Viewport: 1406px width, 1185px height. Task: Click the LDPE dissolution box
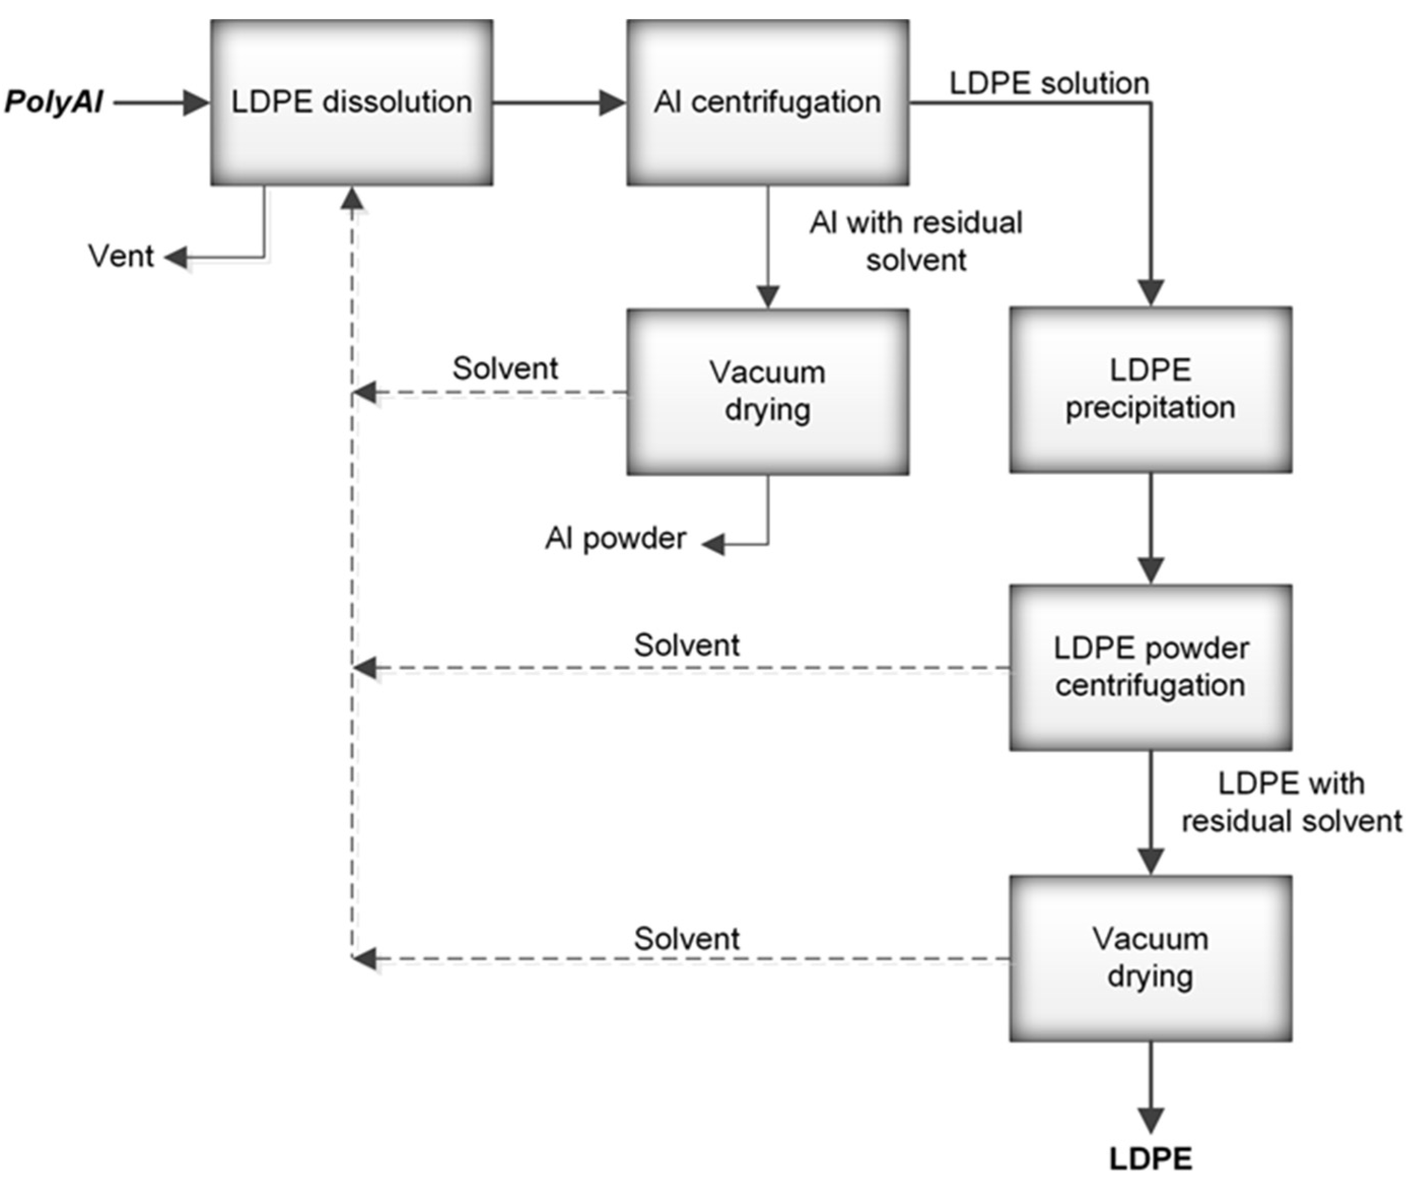click(x=351, y=102)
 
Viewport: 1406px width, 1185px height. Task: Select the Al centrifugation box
click(x=767, y=102)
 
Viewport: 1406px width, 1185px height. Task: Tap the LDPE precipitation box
click(x=1150, y=390)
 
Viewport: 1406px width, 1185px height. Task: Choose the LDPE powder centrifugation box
click(x=1150, y=667)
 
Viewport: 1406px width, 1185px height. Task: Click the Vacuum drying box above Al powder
click(x=767, y=392)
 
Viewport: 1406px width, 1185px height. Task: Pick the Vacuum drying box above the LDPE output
click(x=1150, y=958)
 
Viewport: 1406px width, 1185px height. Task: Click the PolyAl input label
click(x=54, y=102)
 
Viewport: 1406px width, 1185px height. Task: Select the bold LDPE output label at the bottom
click(x=1150, y=1159)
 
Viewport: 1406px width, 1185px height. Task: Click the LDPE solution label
click(x=1049, y=83)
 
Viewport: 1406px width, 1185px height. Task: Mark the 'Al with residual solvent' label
click(x=916, y=241)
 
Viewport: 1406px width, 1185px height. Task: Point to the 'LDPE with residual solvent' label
click(x=1290, y=802)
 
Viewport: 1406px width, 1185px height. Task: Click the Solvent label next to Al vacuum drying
click(x=505, y=368)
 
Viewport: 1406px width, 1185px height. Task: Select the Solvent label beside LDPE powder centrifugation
click(x=686, y=645)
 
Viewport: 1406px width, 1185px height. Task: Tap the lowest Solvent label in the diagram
click(x=686, y=938)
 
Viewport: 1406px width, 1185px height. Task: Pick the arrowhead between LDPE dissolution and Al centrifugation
click(x=612, y=103)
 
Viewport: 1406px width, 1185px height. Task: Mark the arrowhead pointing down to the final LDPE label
click(x=1151, y=1120)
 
